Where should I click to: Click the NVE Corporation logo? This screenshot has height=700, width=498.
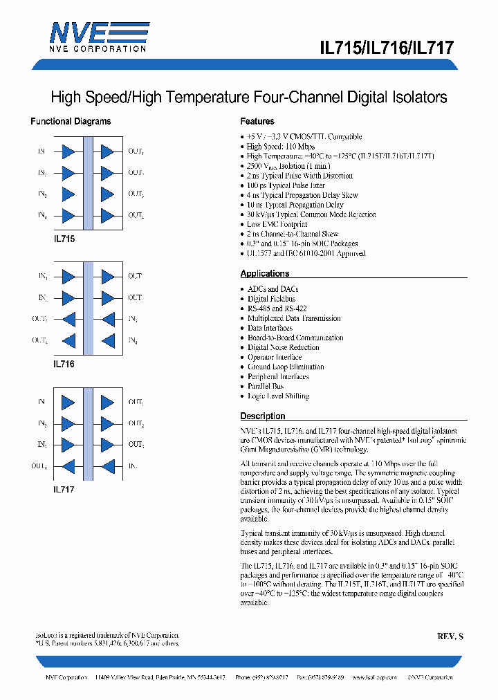click(x=98, y=36)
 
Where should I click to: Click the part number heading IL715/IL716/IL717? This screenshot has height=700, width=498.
click(x=387, y=48)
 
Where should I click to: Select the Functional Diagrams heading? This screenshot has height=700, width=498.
click(x=71, y=121)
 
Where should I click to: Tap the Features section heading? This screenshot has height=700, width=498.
click(x=257, y=121)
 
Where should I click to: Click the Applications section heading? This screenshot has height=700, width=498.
click(x=265, y=273)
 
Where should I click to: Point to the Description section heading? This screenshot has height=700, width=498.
click(x=263, y=416)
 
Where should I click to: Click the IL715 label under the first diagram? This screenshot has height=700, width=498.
click(x=64, y=239)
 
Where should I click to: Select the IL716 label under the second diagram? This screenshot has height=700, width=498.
click(x=64, y=364)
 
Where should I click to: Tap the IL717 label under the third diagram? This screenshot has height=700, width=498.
click(x=64, y=489)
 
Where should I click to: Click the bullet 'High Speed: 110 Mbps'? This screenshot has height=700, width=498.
click(x=281, y=147)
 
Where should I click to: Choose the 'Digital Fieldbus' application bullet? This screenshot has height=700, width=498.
click(x=271, y=299)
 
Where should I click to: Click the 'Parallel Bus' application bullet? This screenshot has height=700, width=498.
click(x=266, y=386)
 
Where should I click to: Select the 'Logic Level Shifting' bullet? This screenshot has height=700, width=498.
click(x=278, y=396)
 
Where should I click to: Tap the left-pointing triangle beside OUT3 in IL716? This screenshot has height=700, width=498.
click(x=68, y=319)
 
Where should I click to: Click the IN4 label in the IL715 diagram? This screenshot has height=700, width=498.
click(x=42, y=216)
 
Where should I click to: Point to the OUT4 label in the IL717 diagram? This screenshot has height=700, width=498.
click(x=39, y=466)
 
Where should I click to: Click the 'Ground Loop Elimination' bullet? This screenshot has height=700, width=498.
click(x=286, y=367)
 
